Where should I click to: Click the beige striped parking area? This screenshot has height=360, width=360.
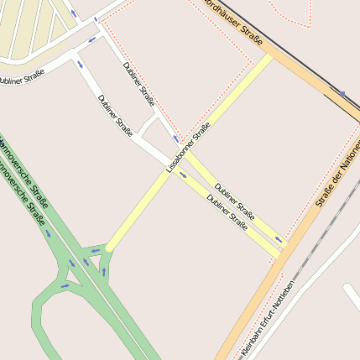pyautogui.click(x=34, y=29)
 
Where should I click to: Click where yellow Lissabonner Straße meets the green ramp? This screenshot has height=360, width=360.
pyautogui.click(x=107, y=249)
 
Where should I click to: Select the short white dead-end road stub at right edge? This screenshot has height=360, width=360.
pyautogui.click(x=352, y=295)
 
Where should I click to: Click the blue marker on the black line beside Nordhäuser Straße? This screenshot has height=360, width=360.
pyautogui.click(x=342, y=94)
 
